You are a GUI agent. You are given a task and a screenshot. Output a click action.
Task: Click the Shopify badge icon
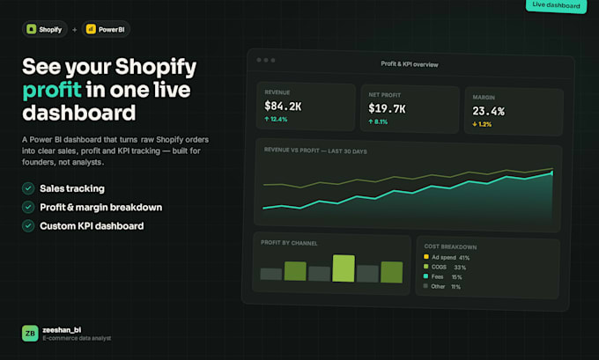point(32,29)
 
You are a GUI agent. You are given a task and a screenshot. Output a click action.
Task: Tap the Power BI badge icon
point(91,29)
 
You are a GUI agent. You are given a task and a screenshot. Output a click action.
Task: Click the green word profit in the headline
point(52,90)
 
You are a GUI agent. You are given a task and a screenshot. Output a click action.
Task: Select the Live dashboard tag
point(556,5)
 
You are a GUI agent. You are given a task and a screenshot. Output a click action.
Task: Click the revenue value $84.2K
point(283,107)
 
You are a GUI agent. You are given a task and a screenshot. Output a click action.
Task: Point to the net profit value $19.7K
point(387,109)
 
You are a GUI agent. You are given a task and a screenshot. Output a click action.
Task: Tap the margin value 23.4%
point(489,111)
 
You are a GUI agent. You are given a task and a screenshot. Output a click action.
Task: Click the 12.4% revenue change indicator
point(276,119)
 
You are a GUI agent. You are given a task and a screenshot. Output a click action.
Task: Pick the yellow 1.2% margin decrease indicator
point(482,124)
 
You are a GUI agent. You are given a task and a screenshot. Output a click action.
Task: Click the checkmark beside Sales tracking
point(28,188)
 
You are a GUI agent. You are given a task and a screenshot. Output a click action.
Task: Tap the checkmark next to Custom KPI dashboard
point(28,225)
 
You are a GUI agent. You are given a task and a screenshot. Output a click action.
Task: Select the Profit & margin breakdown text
point(100,208)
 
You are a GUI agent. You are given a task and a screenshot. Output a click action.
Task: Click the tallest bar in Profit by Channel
point(344,268)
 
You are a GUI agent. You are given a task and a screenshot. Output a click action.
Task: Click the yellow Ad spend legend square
point(426,256)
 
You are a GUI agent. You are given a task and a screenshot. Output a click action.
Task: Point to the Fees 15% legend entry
point(443,276)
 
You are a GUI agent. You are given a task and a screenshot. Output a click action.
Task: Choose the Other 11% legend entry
point(442,286)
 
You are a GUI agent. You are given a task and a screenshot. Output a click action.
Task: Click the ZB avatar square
point(30,334)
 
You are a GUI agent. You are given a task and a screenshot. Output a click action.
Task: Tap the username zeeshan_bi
point(62,330)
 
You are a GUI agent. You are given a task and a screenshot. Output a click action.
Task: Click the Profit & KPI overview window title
point(410,64)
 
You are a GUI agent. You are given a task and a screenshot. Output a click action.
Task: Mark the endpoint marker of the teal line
point(552,173)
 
